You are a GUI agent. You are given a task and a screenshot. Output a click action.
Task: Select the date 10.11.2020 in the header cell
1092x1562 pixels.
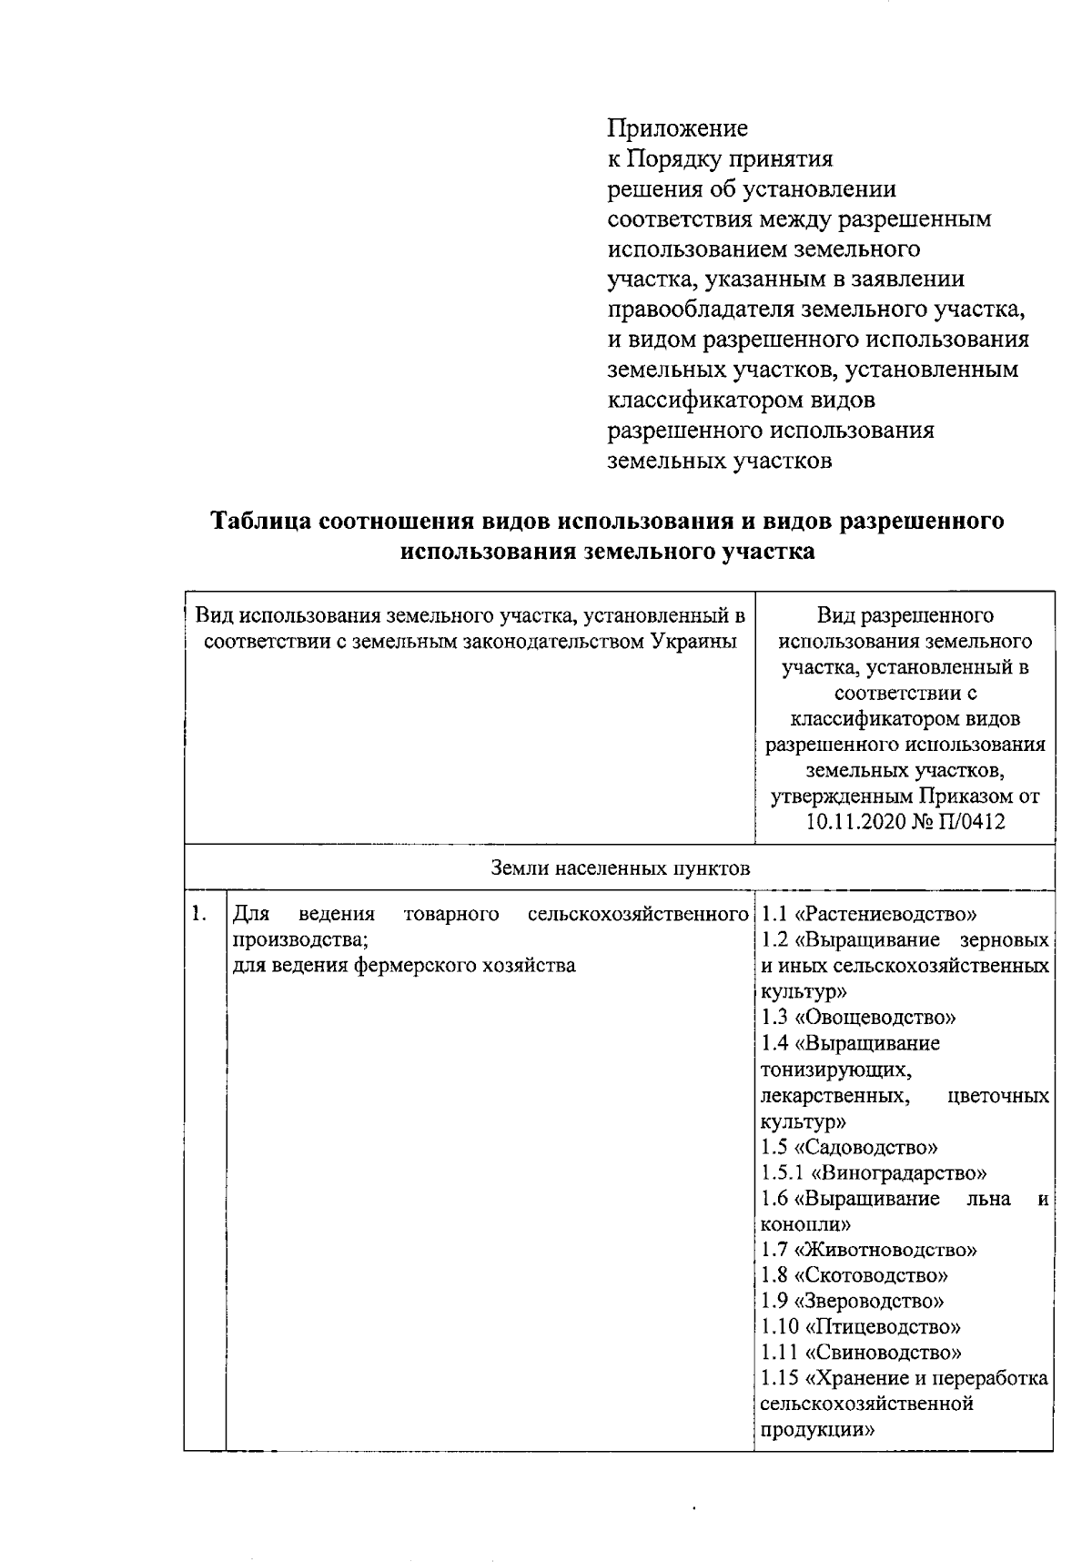[851, 823]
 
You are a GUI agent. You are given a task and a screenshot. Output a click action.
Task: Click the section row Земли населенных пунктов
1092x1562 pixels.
[621, 868]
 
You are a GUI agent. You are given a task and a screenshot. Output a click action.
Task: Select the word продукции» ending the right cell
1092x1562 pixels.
[817, 1429]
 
